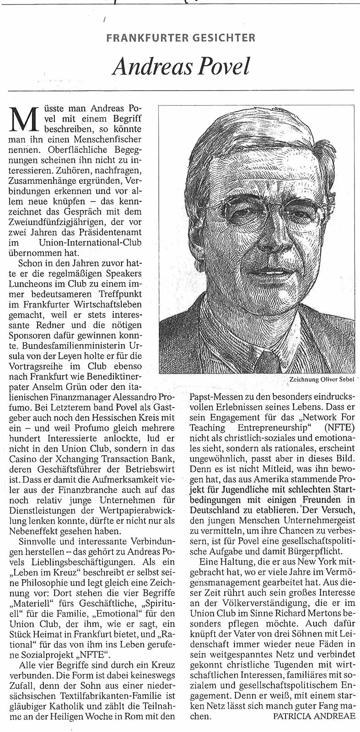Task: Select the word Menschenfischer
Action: click(110, 140)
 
